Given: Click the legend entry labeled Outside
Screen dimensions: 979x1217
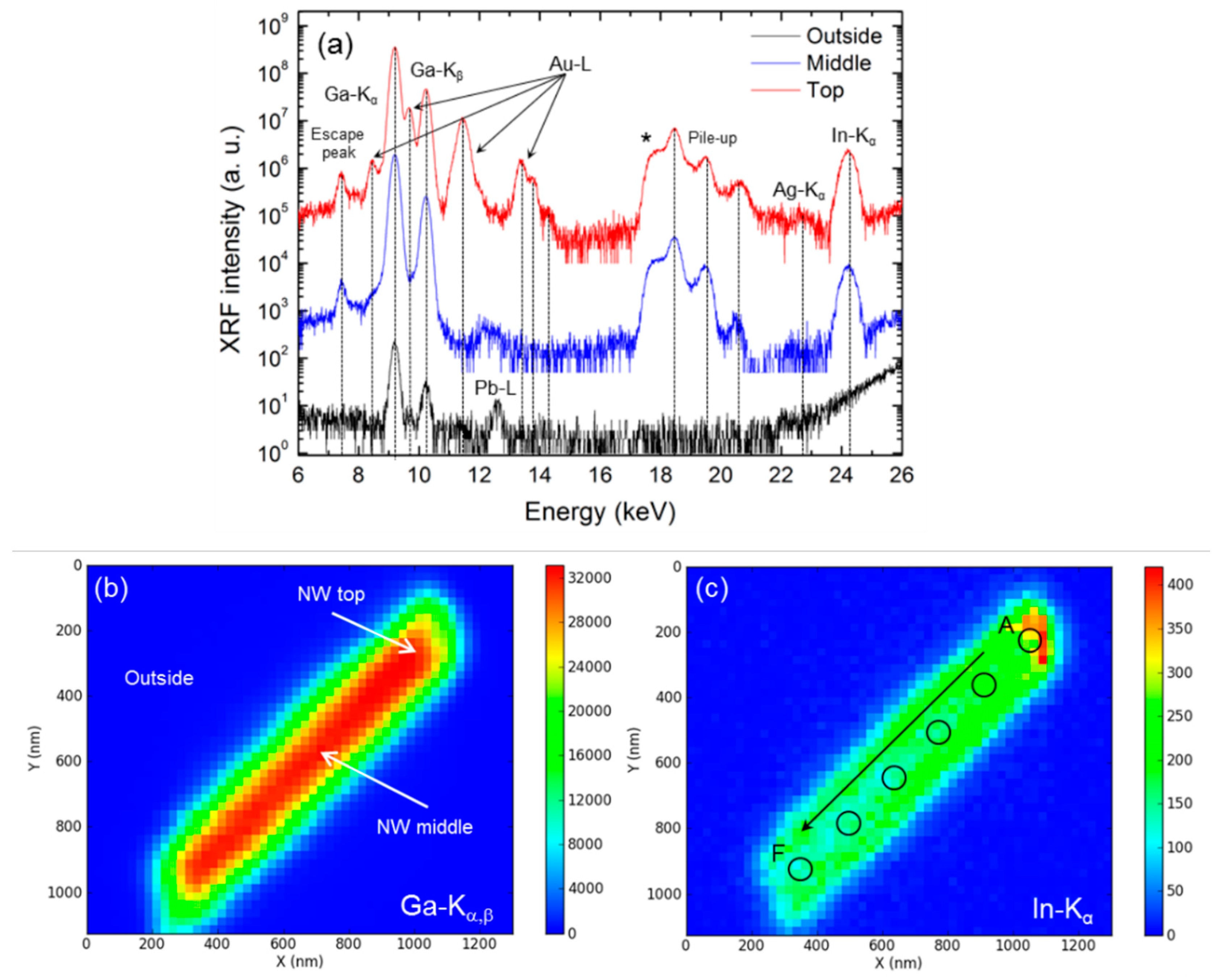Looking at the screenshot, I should tap(843, 36).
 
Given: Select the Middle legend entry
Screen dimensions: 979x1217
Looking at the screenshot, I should tap(838, 63).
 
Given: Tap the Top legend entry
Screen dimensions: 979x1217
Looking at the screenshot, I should tap(825, 90).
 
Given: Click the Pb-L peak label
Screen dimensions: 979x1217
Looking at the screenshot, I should tap(495, 388).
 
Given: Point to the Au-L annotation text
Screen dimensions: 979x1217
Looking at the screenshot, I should tap(570, 65).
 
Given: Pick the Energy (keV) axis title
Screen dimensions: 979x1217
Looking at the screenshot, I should tap(600, 512).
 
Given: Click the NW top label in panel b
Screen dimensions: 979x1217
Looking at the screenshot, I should tap(331, 594).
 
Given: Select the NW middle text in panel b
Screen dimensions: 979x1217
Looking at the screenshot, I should tap(424, 827).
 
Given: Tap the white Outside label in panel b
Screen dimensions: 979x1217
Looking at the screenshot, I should tap(159, 678).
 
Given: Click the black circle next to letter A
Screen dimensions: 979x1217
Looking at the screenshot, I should tap(1030, 641).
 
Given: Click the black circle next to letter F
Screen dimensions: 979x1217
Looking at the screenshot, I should tap(800, 869).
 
